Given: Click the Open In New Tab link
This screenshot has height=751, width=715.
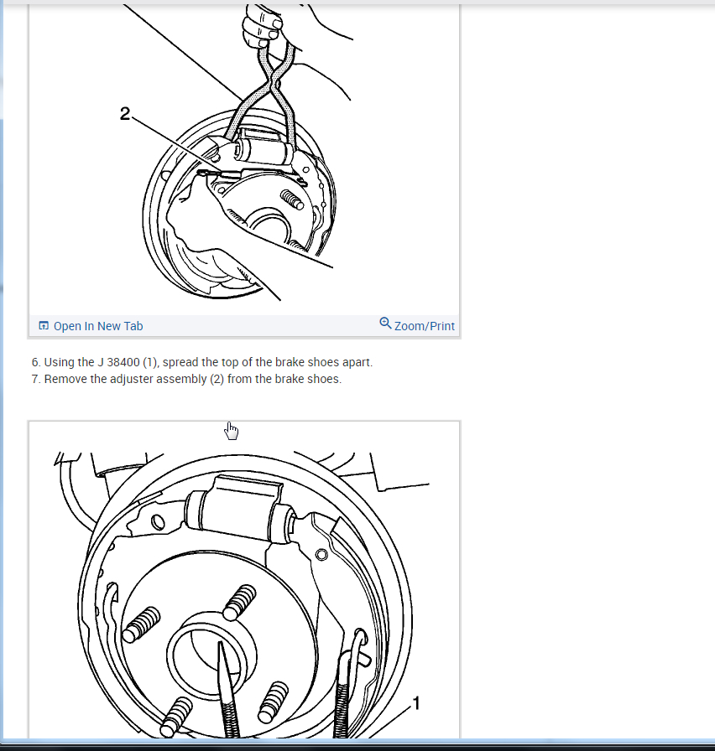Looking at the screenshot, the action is click(98, 326).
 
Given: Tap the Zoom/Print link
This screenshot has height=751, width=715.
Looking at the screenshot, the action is click(424, 326).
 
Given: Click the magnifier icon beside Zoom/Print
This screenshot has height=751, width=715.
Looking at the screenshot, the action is click(385, 324).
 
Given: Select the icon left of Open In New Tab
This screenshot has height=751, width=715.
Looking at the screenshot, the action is click(43, 326).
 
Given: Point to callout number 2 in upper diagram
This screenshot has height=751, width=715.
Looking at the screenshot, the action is click(125, 113).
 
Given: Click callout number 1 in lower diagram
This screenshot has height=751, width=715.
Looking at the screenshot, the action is click(415, 703).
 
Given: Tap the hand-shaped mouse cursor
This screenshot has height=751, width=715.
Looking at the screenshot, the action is click(231, 431).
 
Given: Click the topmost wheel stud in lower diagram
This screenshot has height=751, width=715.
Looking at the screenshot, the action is click(239, 602).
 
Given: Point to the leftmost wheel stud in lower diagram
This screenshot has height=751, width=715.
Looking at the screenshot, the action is click(142, 624).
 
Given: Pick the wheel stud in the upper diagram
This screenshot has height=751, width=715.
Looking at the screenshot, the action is click(292, 199).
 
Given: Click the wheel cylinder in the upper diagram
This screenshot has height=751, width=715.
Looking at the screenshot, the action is click(264, 148).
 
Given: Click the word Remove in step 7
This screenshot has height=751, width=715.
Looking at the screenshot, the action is click(65, 380).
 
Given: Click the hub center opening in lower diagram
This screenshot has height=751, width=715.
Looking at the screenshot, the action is click(210, 653).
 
